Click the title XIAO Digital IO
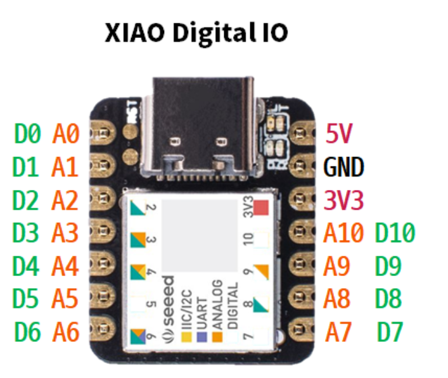[x=196, y=34]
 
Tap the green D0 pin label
[x=28, y=134]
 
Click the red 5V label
[x=339, y=134]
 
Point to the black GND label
[x=344, y=168]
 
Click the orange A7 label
[x=340, y=331]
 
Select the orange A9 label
[x=340, y=266]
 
